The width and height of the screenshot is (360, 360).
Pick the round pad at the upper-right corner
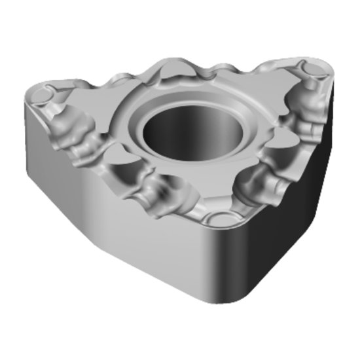pyautogui.click(x=312, y=68)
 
